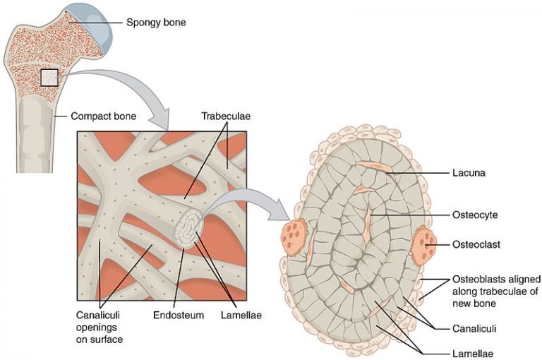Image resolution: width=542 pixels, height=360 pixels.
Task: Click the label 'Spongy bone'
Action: tap(155, 21)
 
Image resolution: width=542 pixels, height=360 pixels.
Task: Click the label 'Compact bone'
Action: tap(103, 114)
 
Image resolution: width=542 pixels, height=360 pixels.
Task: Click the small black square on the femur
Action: tap(49, 78)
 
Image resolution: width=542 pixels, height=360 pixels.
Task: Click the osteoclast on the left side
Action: tap(292, 236)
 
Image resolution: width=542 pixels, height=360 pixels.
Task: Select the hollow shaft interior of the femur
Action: tap(34, 134)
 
